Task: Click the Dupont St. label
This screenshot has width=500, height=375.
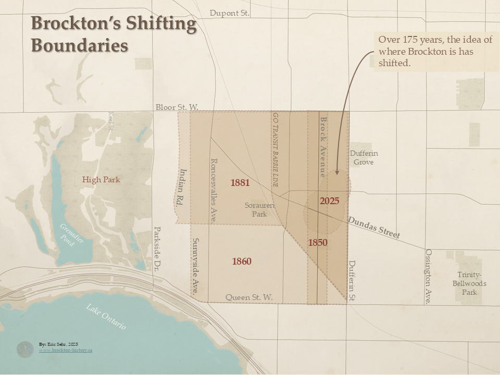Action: click(230, 13)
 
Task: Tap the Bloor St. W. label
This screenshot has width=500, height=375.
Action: click(177, 107)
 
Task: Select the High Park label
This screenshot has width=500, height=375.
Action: click(101, 180)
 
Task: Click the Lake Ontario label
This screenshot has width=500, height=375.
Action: click(107, 316)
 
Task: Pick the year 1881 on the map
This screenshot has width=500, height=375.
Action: click(240, 183)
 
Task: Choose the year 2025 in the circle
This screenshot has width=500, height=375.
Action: click(330, 201)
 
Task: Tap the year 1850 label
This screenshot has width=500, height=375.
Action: click(318, 243)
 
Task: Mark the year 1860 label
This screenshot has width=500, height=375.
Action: click(242, 261)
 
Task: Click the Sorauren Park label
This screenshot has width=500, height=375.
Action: click(256, 209)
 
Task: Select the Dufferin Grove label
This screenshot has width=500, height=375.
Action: click(364, 158)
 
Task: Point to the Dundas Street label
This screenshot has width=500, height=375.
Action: click(374, 228)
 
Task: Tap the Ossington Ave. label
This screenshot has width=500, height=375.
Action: click(429, 277)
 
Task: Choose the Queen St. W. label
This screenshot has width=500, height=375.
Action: click(249, 297)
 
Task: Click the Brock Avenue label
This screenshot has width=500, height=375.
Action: click(323, 147)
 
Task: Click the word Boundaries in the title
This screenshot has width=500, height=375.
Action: click(80, 45)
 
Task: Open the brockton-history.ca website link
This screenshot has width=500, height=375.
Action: click(66, 351)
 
